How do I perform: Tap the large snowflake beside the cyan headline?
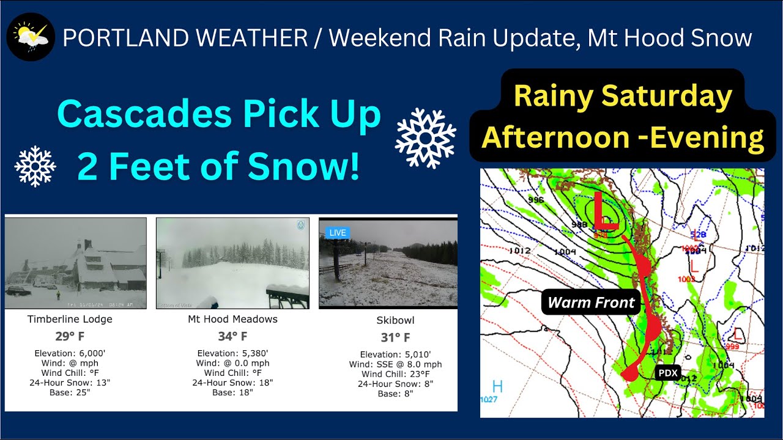click(x=425, y=138)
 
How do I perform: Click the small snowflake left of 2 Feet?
click(x=35, y=166)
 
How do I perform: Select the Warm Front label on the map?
click(x=591, y=302)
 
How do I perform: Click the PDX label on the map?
click(x=667, y=372)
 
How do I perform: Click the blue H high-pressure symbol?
click(x=497, y=387)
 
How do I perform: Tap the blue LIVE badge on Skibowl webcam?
click(x=338, y=232)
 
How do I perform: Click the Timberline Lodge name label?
click(x=70, y=319)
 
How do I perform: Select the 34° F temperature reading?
click(x=232, y=336)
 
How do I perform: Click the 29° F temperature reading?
click(x=70, y=336)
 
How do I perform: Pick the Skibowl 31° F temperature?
click(x=395, y=337)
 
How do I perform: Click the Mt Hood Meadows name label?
click(x=232, y=319)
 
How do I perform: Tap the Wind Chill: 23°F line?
click(x=395, y=374)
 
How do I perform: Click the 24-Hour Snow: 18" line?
click(x=232, y=383)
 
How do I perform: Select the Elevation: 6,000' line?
click(x=70, y=353)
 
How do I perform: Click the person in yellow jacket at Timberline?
click(x=59, y=295)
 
